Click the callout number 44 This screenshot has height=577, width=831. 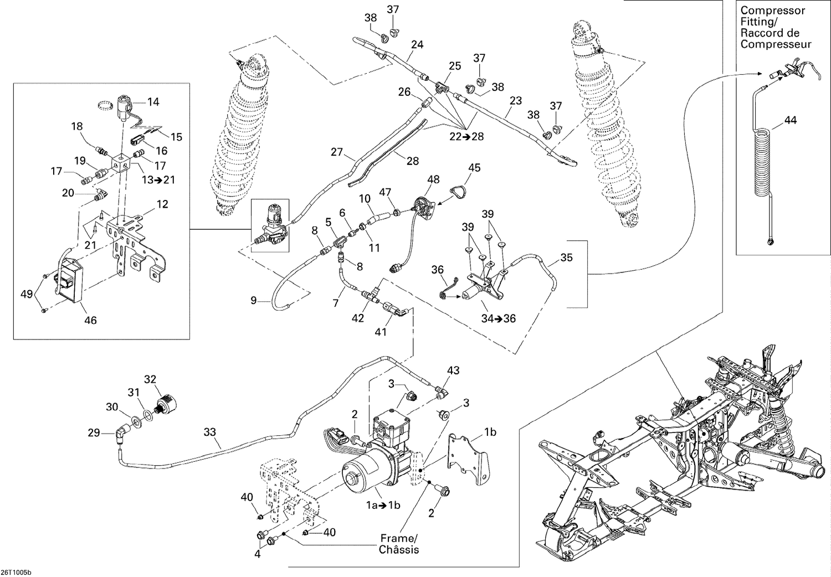790,120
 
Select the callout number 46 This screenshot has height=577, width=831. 90,320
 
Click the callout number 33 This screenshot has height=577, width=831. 209,432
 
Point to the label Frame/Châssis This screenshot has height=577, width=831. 398,544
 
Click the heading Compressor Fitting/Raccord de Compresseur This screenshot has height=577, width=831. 776,27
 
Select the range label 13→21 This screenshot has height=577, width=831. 158,180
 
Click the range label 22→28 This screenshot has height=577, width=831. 466,136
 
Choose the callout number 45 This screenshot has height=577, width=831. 474,168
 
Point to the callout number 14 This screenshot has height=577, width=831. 153,102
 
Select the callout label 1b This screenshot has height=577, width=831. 490,431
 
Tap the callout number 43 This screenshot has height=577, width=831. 453,370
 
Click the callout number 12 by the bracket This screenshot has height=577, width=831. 162,204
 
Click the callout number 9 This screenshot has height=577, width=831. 254,301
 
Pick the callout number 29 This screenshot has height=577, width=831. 94,432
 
